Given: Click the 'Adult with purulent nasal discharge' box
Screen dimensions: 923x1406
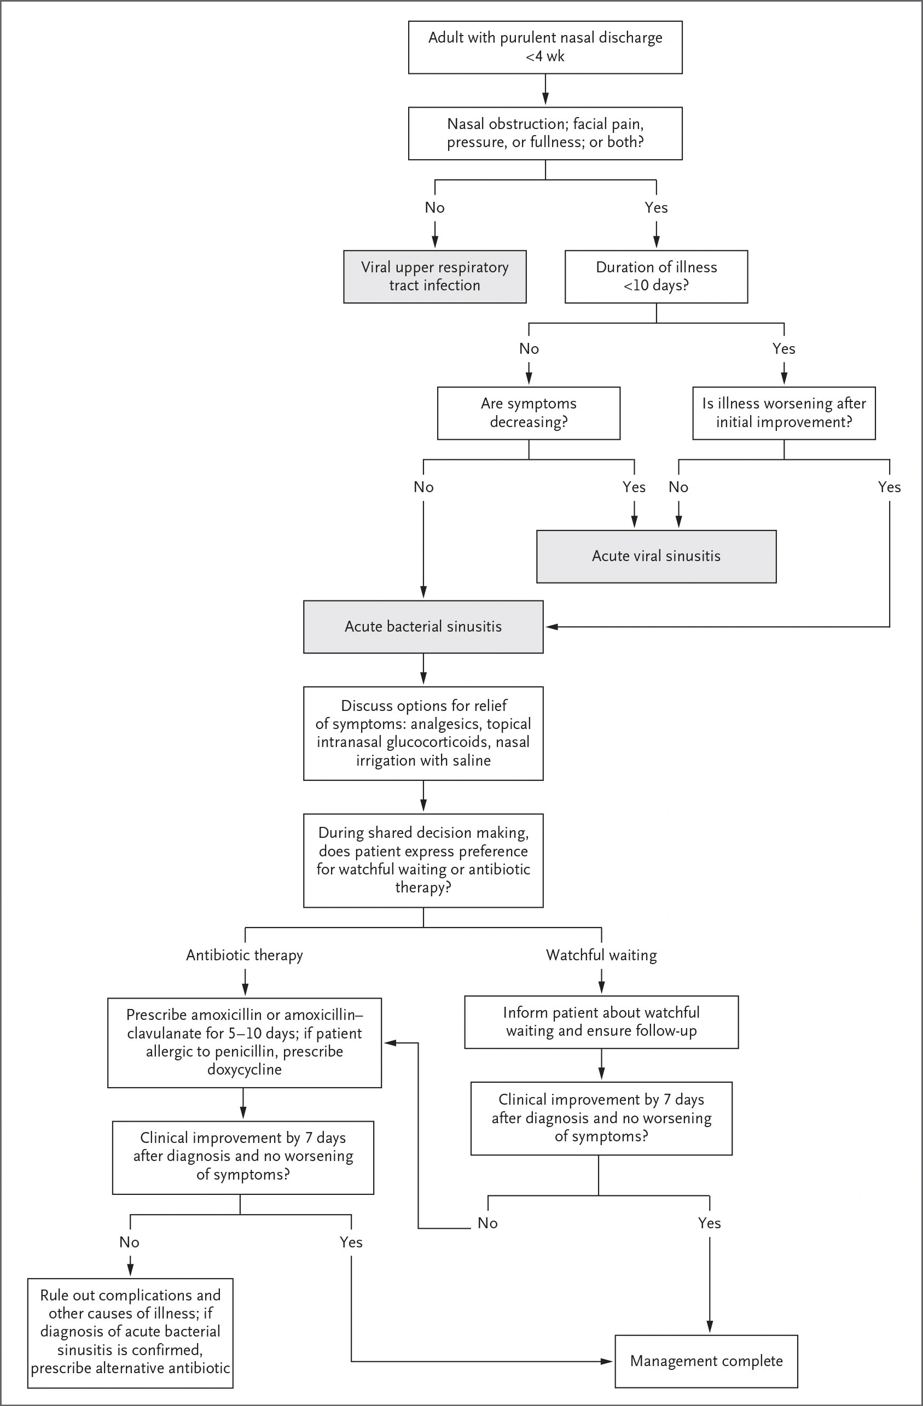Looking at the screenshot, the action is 545,47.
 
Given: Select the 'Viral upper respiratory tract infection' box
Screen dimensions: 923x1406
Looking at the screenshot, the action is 435,277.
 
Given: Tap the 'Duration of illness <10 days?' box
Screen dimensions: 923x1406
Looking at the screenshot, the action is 656,277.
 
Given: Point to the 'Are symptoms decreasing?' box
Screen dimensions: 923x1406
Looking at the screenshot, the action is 529,413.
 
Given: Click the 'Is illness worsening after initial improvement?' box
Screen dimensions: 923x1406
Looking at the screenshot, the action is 783,413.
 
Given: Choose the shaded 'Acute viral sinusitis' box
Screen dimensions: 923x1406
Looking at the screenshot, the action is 656,557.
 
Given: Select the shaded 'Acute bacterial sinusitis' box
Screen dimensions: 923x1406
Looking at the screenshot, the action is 423,627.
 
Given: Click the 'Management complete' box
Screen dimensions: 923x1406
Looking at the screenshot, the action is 706,1361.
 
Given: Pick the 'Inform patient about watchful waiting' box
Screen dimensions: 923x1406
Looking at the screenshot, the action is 601,1022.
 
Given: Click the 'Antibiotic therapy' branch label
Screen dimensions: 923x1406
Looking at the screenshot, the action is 245,955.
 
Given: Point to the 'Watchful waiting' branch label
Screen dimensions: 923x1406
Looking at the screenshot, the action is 601,955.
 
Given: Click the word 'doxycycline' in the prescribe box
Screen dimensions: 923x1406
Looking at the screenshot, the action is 244,1069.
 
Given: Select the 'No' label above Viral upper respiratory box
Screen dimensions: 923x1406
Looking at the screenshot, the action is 435,207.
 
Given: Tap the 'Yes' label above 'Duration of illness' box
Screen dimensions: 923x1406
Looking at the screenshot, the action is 656,207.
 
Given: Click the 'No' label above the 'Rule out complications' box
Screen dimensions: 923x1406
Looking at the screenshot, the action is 130,1242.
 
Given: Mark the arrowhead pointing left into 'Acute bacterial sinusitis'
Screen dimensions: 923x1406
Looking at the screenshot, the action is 551,627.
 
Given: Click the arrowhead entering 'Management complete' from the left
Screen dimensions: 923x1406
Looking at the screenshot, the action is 607,1361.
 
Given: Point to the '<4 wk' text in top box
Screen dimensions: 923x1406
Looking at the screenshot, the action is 545,57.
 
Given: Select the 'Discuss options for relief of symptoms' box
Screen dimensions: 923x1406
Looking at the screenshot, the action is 423,733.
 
